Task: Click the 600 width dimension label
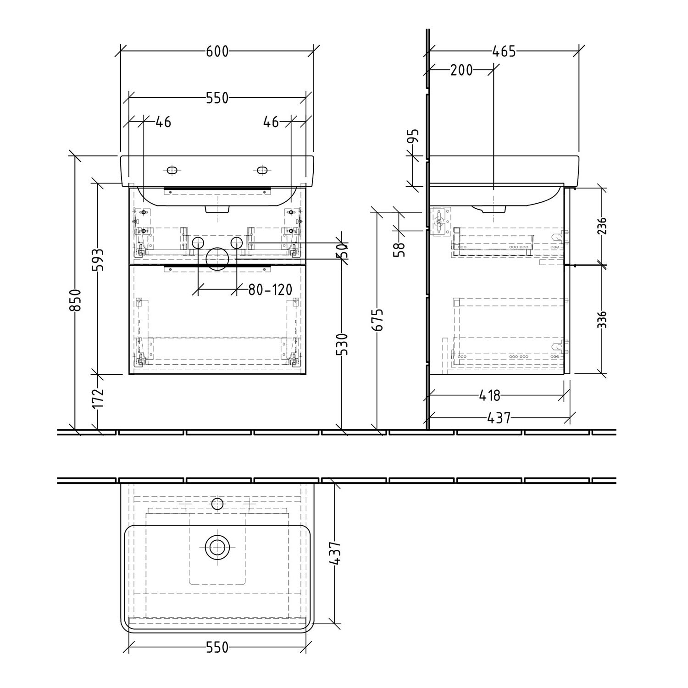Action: tap(217, 51)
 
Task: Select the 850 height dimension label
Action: tap(76, 300)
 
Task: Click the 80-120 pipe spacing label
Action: tap(270, 289)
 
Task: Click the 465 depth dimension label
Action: tap(504, 51)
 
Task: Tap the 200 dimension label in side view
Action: tap(461, 70)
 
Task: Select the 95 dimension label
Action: tap(414, 136)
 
